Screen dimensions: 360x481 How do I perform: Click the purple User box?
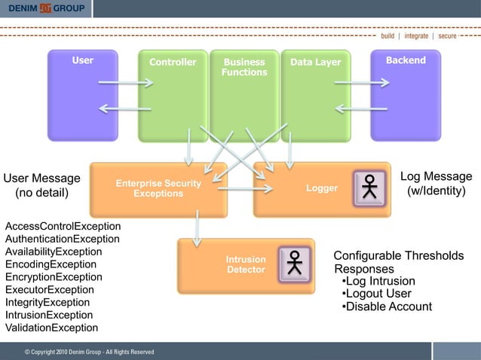coord(83,94)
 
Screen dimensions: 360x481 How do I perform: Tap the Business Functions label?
coord(244,67)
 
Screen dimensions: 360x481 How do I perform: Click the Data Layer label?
coord(315,63)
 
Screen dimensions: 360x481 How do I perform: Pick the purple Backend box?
coord(406,94)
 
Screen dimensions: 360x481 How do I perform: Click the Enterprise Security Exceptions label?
coord(158,189)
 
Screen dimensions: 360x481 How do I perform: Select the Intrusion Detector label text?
coord(246,264)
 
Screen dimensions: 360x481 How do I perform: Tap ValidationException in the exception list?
coord(51,328)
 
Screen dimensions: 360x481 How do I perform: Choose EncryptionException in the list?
coord(54,277)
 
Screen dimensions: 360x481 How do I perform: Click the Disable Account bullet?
coord(387,307)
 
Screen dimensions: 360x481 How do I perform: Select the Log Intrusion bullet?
coord(378,282)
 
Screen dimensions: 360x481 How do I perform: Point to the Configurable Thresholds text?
coord(398,256)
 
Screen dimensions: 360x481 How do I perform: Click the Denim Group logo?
coord(46,8)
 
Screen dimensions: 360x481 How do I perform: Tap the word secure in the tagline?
coord(447,35)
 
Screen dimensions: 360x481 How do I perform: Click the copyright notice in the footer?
coord(89,352)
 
